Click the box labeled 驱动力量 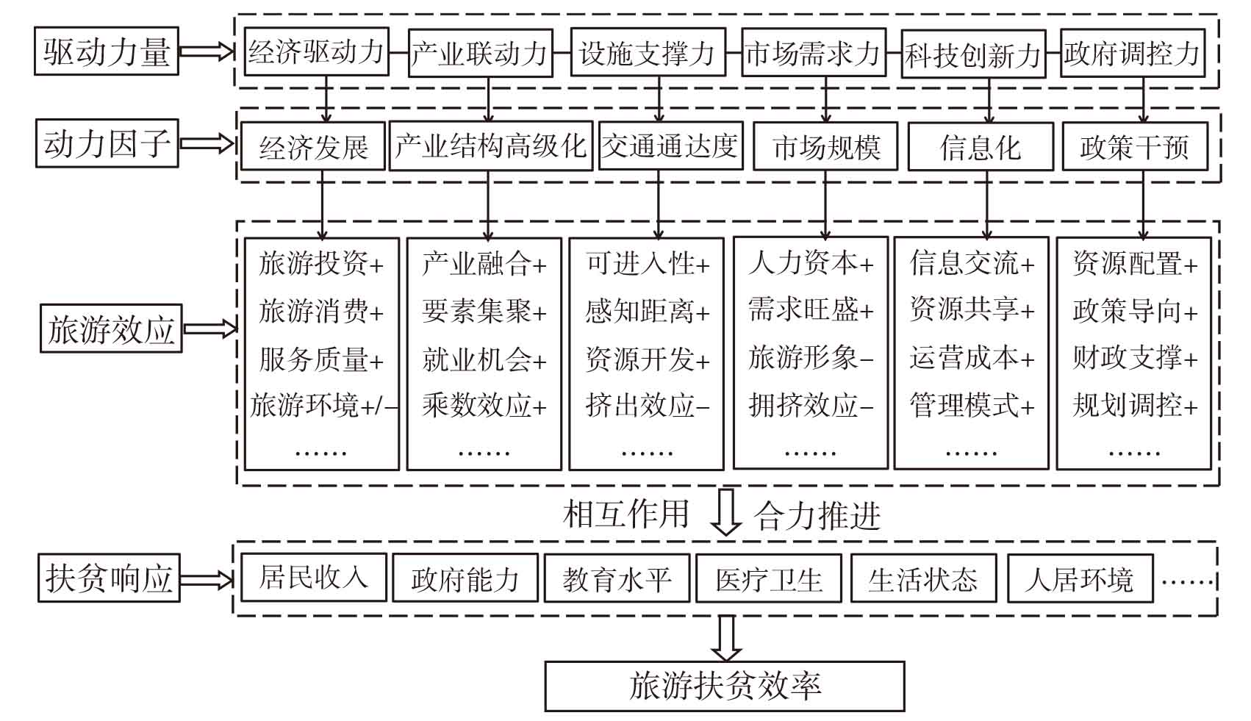coord(106,51)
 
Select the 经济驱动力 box coord(317,52)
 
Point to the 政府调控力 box coord(1133,53)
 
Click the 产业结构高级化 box coord(491,146)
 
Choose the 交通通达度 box coord(671,146)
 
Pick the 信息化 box coord(981,146)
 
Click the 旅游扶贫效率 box coord(724,686)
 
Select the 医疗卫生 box coord(769,578)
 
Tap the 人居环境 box coord(1080,578)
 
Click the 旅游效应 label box coord(111,329)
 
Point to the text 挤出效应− coord(647,405)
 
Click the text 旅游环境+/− coord(324,405)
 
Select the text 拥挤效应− coord(811,405)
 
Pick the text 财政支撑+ coord(1134,357)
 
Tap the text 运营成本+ coord(972,357)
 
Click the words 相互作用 coord(626,514)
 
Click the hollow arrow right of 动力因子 coord(207,143)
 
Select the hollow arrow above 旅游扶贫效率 coord(725,639)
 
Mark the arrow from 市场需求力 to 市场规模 coord(825,99)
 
